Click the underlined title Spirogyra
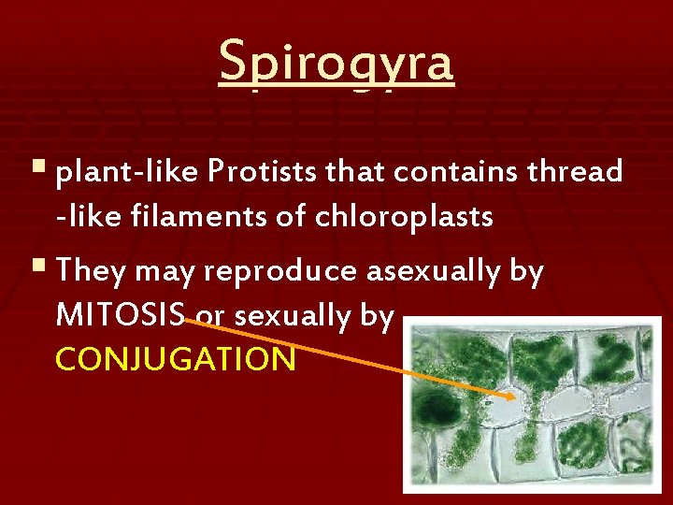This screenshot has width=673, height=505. [336, 64]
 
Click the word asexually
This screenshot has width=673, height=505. [428, 271]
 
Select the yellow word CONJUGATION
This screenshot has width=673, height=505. [176, 359]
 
